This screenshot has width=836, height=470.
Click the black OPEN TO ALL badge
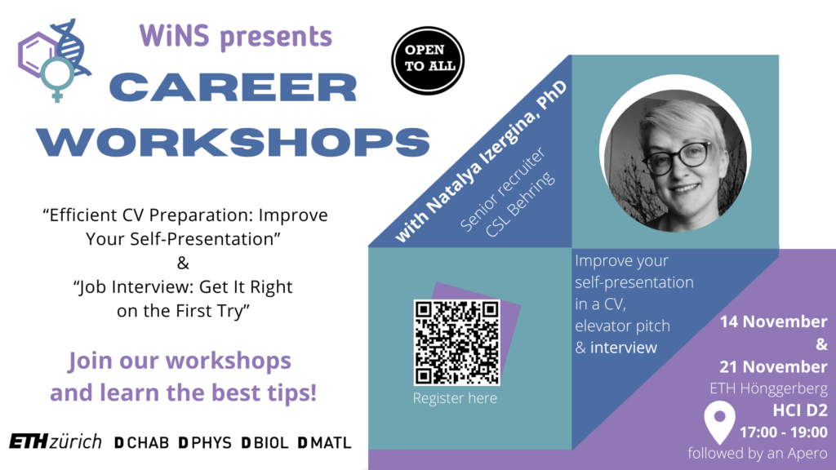428,60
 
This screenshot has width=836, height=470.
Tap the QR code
457,343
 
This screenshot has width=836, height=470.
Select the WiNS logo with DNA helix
55,60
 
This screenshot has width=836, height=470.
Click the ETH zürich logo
56,441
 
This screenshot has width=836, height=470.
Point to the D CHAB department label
142,443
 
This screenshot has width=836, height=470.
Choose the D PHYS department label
205,443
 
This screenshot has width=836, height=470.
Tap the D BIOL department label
265,443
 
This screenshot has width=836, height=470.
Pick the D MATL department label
324,443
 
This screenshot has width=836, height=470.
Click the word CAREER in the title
233,88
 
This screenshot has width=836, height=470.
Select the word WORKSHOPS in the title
233,142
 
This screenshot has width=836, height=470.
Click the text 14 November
774,321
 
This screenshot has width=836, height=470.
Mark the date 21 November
774,366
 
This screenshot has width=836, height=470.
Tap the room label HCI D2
800,410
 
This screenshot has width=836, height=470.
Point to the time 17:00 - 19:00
783,432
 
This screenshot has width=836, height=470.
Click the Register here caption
455,398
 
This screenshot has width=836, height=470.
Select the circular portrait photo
675,155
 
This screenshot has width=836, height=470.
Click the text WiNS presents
236,36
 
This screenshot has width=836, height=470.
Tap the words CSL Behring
520,205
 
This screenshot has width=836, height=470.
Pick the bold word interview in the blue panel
623,348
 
